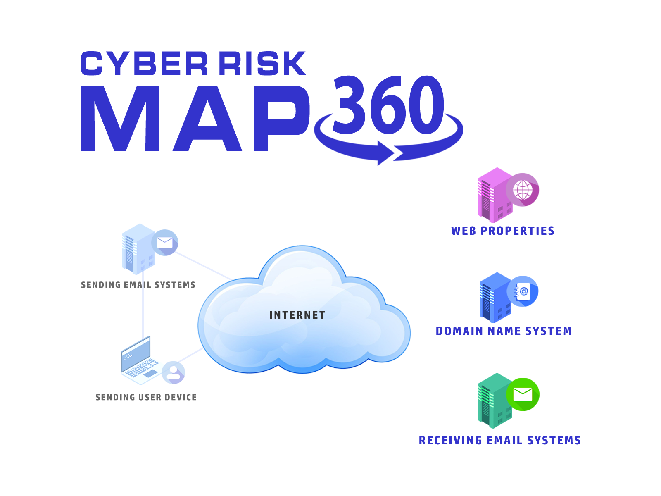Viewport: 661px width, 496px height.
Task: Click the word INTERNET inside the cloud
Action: pos(297,315)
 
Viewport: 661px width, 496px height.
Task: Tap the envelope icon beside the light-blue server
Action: pos(165,242)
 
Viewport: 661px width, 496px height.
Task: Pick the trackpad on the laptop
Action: pos(151,373)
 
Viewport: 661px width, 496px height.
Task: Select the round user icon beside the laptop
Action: pos(174,372)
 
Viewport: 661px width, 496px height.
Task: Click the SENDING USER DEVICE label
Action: pos(146,397)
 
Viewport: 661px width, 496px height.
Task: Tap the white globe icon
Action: pos(523,190)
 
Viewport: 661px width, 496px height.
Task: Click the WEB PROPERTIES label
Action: pos(503,230)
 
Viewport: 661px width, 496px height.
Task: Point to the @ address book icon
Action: pos(523,291)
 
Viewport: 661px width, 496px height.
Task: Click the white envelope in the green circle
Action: pos(523,395)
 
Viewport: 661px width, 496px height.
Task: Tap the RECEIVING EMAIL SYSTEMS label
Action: pos(500,440)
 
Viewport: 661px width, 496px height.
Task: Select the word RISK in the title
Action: pos(262,64)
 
